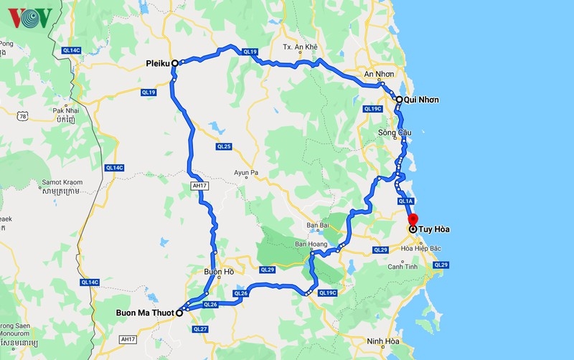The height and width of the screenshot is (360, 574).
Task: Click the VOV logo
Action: (x=30, y=17)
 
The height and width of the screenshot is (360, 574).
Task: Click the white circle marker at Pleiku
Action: (x=174, y=62)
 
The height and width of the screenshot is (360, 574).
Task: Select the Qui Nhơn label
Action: (x=421, y=99)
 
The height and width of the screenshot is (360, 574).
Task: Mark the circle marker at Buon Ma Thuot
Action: (x=179, y=313)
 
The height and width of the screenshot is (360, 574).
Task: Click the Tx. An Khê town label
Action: (x=299, y=47)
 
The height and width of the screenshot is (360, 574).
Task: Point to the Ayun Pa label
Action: (x=250, y=172)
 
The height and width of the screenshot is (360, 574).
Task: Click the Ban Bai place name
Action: (x=317, y=225)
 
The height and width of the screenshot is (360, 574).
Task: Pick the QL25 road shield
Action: (x=223, y=146)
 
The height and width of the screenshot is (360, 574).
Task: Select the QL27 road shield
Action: (x=200, y=328)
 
